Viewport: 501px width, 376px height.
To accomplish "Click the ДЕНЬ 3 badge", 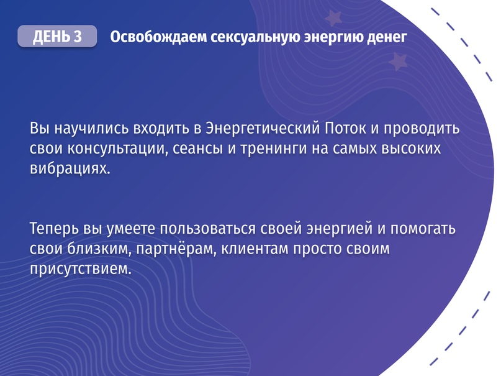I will coord(57,37).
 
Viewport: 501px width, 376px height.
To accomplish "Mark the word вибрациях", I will coord(69,169).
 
